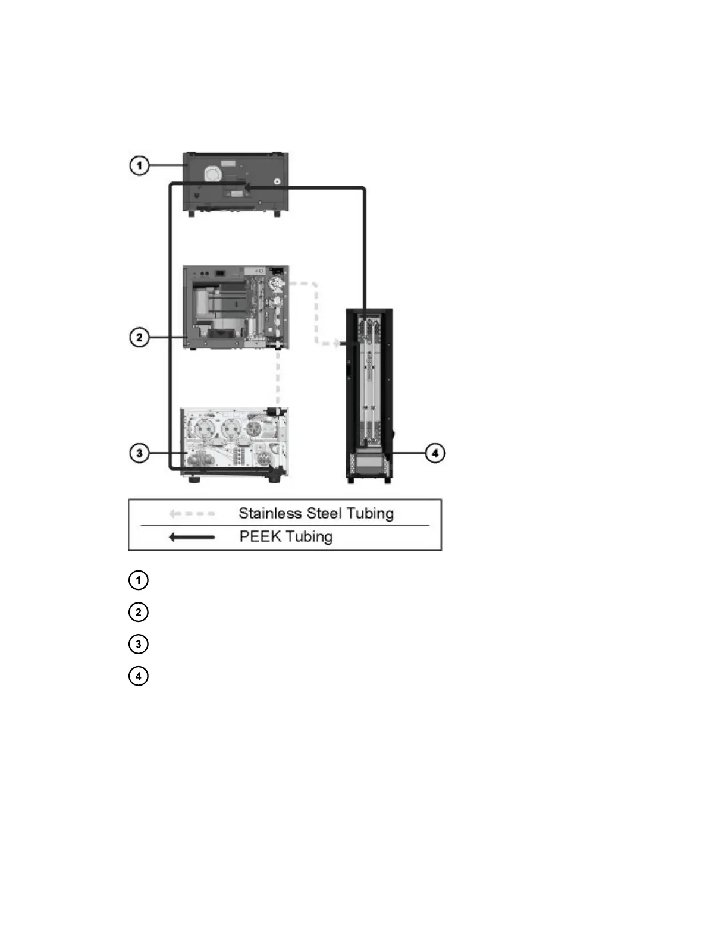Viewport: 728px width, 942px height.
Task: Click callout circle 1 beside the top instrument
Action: pyautogui.click(x=139, y=165)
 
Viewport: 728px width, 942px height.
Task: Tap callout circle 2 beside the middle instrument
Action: pyautogui.click(x=139, y=338)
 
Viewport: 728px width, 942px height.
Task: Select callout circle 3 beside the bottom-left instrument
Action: pyautogui.click(x=139, y=453)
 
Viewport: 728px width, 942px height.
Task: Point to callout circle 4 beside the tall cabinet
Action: pyautogui.click(x=435, y=453)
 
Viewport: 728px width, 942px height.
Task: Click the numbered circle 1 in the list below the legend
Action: pyautogui.click(x=139, y=580)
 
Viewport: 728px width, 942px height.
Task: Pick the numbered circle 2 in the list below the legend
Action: pyautogui.click(x=139, y=612)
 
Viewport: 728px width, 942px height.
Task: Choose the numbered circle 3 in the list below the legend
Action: pyautogui.click(x=139, y=644)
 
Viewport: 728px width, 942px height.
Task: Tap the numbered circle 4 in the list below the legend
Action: pyautogui.click(x=139, y=676)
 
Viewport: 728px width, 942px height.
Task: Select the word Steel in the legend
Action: pyautogui.click(x=322, y=513)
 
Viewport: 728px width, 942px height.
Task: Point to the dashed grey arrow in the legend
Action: pyautogui.click(x=192, y=514)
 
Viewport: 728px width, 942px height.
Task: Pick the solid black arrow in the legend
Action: pyautogui.click(x=192, y=538)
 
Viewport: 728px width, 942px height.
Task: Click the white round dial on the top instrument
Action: pyautogui.click(x=212, y=173)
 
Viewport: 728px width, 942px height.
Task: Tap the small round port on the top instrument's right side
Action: pyautogui.click(x=277, y=181)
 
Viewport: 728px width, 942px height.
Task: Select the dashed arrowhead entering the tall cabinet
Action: pyautogui.click(x=338, y=343)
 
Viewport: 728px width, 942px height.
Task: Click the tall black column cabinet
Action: pyautogui.click(x=369, y=395)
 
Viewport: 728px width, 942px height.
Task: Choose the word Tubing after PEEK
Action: pyautogui.click(x=309, y=536)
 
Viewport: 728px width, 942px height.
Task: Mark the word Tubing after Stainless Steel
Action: pyautogui.click(x=370, y=513)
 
